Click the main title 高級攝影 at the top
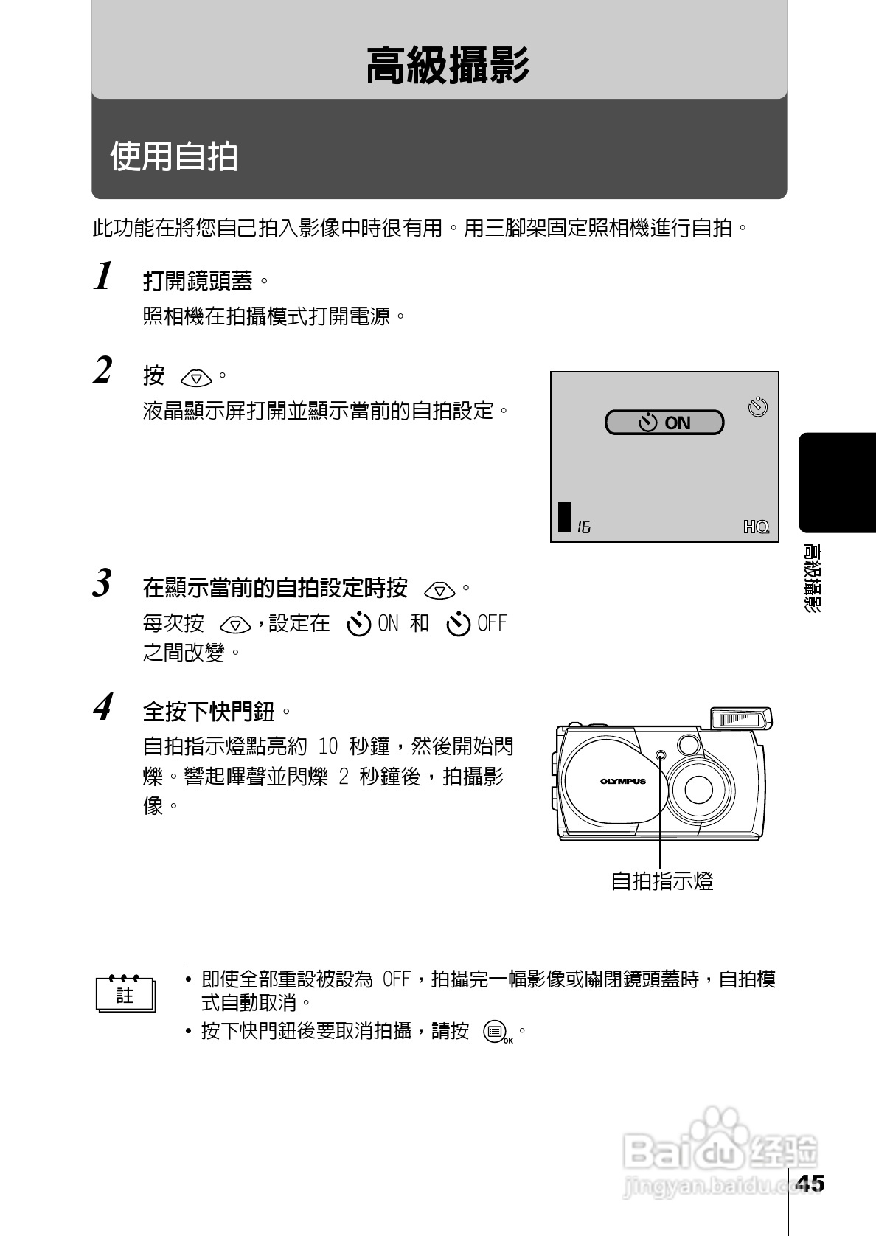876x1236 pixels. (448, 66)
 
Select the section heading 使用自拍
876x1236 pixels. (174, 156)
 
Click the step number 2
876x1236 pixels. (103, 370)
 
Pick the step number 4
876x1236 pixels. (103, 706)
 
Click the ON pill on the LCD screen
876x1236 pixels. (664, 423)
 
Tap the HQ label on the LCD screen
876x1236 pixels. (756, 527)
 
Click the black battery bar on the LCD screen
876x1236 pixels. (565, 517)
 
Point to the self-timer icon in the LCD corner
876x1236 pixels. (757, 406)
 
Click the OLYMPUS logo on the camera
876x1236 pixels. (622, 782)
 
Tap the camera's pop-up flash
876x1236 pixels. (741, 718)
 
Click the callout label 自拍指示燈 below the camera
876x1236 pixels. (662, 881)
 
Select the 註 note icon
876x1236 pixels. (125, 995)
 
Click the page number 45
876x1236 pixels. (810, 1182)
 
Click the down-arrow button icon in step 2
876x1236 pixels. (196, 378)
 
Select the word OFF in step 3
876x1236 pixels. (493, 624)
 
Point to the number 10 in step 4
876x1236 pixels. (328, 747)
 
